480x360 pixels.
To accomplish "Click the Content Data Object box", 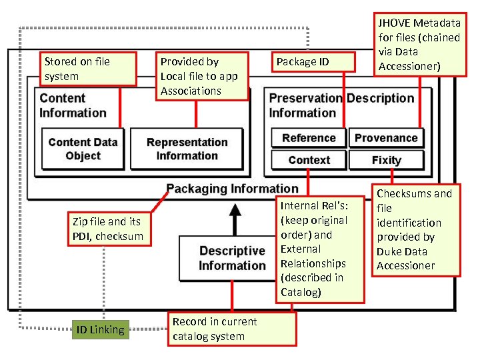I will (x=83, y=149).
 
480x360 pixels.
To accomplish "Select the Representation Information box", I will (x=187, y=149).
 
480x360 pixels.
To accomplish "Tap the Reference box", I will (x=309, y=138).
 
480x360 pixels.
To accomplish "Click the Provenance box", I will (x=386, y=138).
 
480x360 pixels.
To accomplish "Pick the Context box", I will (x=309, y=160).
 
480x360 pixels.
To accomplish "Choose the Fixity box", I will (x=386, y=160).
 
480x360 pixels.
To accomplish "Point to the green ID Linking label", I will (x=100, y=330).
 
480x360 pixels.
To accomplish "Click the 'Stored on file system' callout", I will (x=89, y=69).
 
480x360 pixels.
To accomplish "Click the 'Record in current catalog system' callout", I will (x=231, y=329).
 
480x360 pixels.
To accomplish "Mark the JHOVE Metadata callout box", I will (x=419, y=44).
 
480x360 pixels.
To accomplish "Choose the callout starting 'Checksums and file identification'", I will (x=416, y=230).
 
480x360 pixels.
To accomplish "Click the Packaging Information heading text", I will (x=232, y=189).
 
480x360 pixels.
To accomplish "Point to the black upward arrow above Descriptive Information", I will (x=234, y=217).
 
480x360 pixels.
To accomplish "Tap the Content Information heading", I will (x=73, y=105).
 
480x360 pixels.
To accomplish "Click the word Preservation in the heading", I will (x=305, y=98).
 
